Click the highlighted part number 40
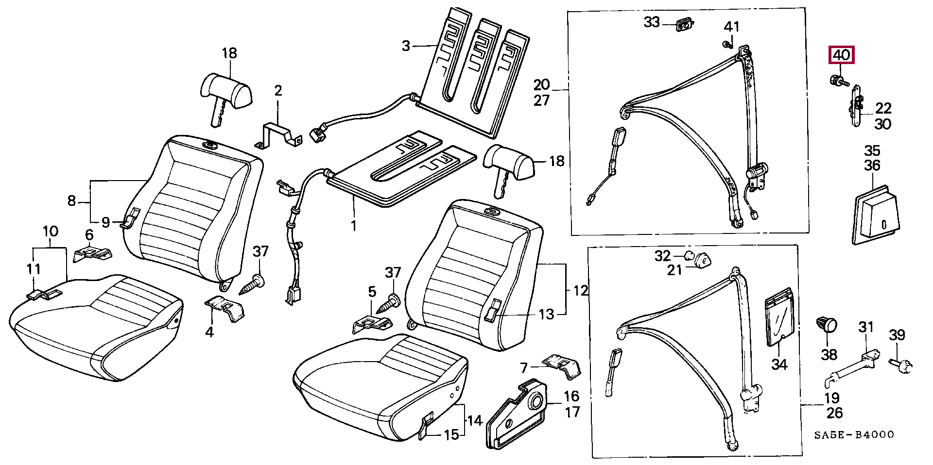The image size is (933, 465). [x=841, y=55]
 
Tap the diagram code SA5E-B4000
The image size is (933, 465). [x=854, y=435]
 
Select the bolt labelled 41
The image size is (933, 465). [x=727, y=45]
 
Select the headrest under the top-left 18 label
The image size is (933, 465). [x=226, y=93]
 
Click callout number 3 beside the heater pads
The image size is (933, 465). [x=406, y=46]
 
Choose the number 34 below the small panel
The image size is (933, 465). [x=779, y=364]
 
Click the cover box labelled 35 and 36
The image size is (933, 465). [x=876, y=216]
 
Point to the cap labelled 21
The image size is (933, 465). [x=700, y=261]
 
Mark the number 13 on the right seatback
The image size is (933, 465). [x=546, y=314]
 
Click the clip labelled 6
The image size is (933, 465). [x=92, y=254]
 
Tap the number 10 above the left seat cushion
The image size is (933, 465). [x=51, y=232]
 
